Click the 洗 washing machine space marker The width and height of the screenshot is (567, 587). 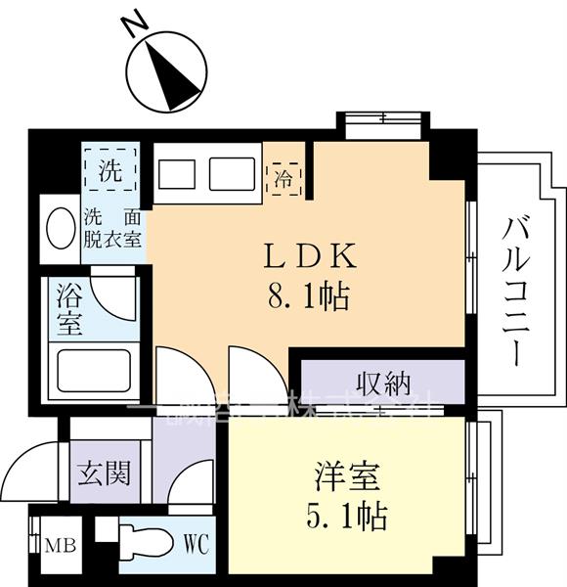tap(110, 174)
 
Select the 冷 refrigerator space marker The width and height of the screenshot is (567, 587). tap(281, 178)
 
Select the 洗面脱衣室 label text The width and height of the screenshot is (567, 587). tap(112, 226)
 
